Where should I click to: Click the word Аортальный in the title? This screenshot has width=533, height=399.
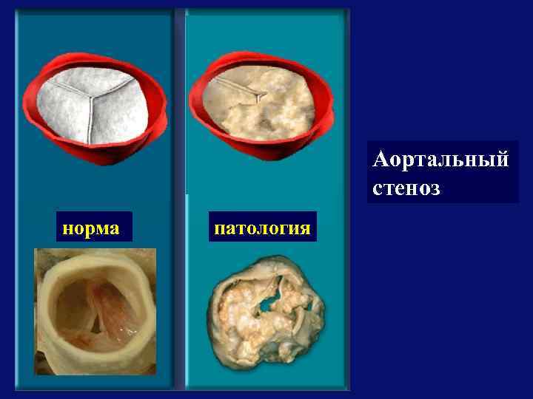(441, 160)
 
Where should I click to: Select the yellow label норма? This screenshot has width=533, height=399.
(93, 228)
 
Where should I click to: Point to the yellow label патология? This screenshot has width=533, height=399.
(261, 228)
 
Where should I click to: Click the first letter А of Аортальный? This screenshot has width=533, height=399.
(382, 160)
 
